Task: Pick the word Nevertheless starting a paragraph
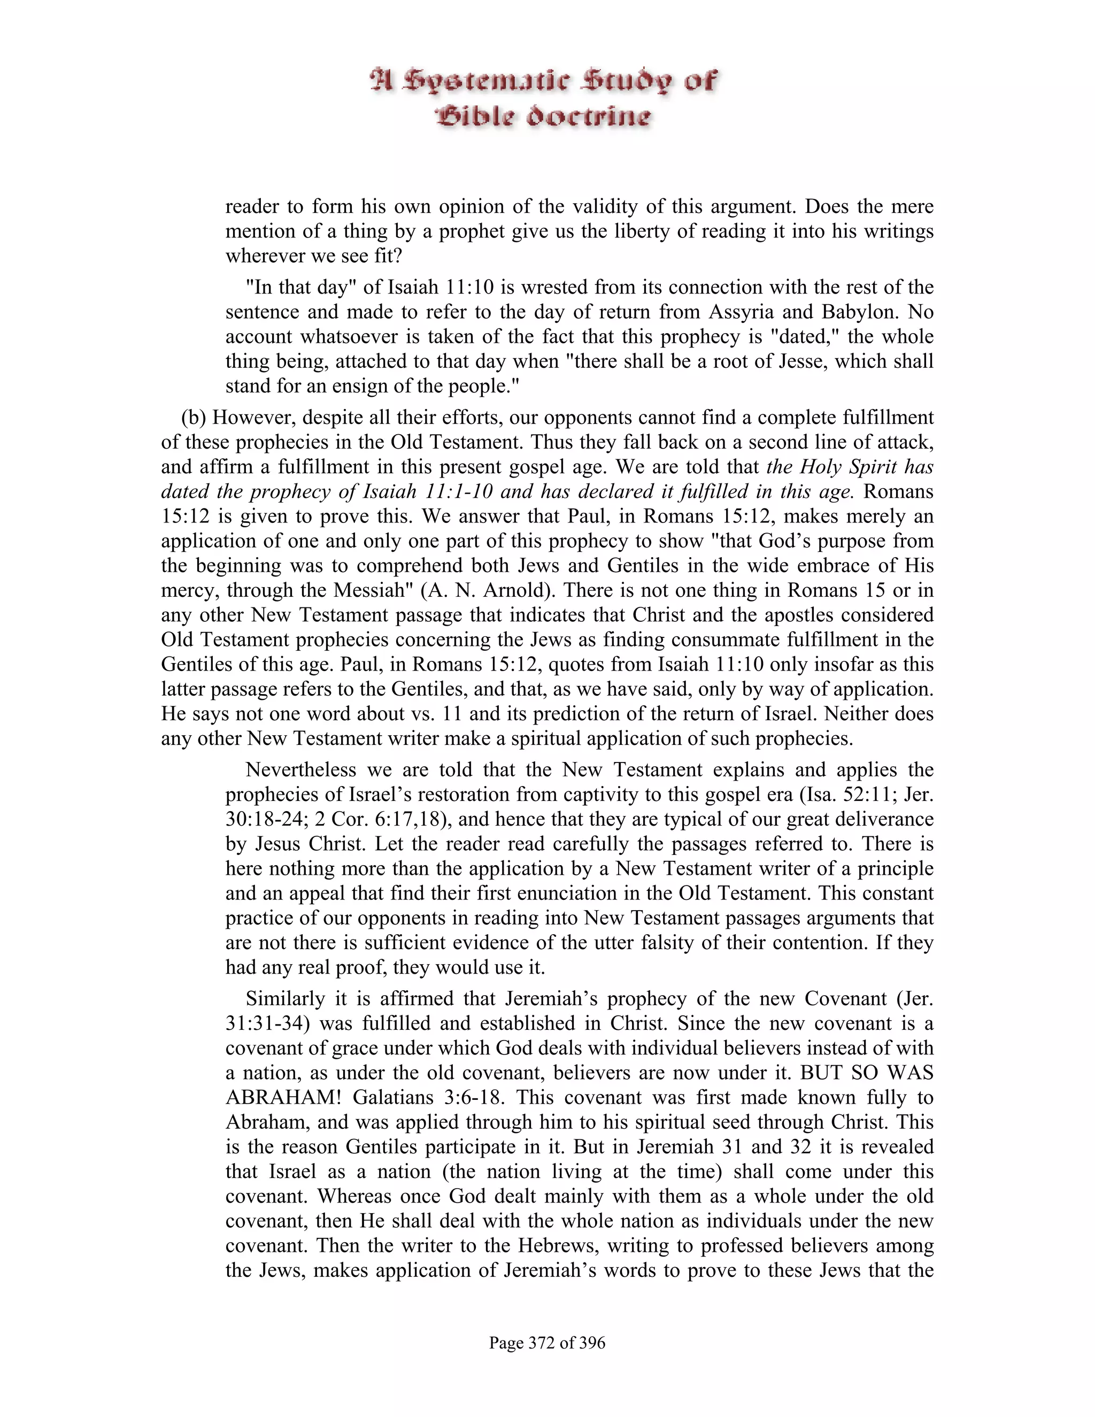(x=301, y=770)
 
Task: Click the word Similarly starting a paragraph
(x=286, y=998)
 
